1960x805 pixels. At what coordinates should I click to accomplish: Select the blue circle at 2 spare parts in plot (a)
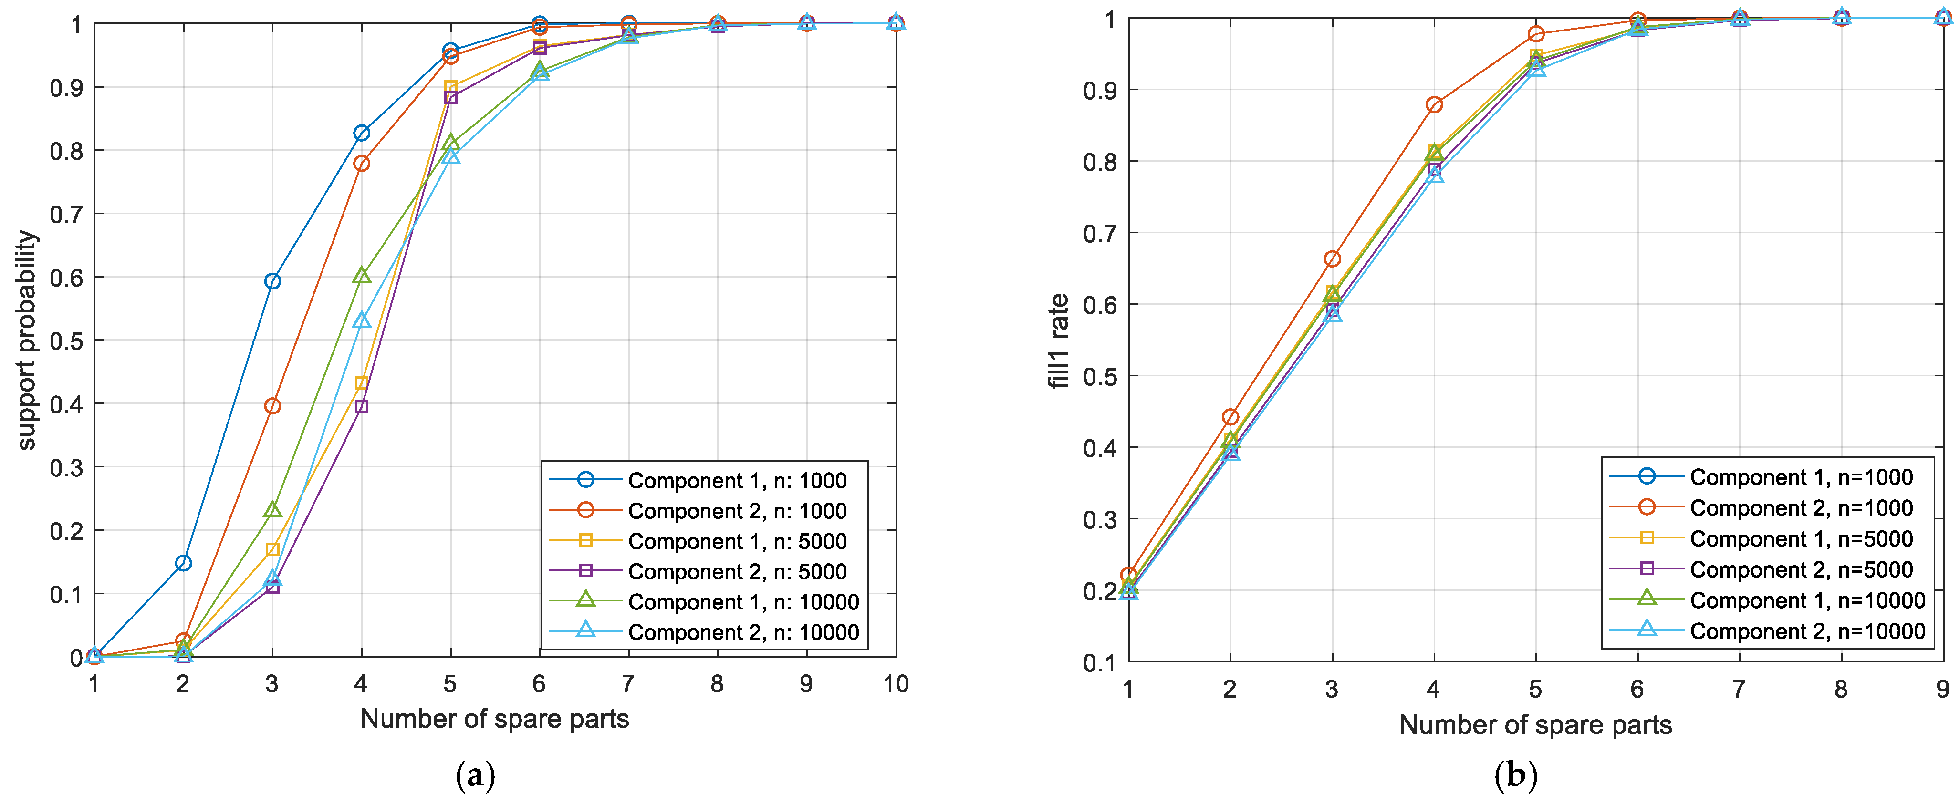pos(183,563)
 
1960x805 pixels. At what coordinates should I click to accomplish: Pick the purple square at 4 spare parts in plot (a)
pos(361,407)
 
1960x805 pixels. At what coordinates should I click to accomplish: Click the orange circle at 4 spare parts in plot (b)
pos(1434,105)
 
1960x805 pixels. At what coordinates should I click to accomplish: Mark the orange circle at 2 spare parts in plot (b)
pos(1230,417)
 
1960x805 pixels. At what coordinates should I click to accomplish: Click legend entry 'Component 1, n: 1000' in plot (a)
pos(737,481)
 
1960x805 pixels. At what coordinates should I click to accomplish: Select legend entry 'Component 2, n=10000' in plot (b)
pos(1807,631)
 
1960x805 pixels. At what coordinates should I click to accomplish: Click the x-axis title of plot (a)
pos(495,719)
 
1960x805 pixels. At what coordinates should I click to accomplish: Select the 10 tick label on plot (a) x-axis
pos(896,684)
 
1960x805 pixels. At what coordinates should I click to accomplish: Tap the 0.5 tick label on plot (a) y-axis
pos(66,341)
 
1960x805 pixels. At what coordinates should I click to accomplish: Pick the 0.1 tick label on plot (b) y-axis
pos(1099,663)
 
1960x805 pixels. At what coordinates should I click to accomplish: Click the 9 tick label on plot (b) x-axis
pos(1942,689)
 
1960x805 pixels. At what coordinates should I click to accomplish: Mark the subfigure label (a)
pos(476,776)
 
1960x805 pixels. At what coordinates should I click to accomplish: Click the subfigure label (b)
pos(1516,776)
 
